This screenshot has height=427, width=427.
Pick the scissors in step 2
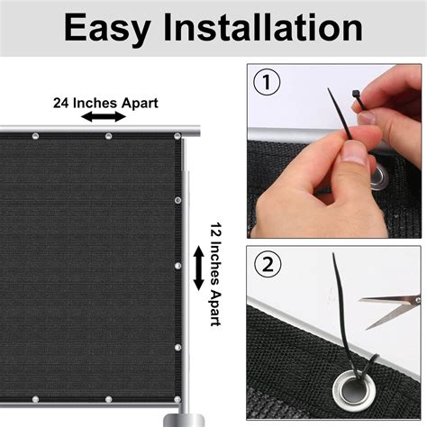395,307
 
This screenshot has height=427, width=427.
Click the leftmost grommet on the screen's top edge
36,137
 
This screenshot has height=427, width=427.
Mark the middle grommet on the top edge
108,137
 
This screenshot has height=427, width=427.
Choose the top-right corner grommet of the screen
177,137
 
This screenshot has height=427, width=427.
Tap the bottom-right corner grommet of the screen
177,397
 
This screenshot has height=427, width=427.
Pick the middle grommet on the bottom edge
108,399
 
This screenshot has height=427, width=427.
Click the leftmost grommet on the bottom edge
36,399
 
